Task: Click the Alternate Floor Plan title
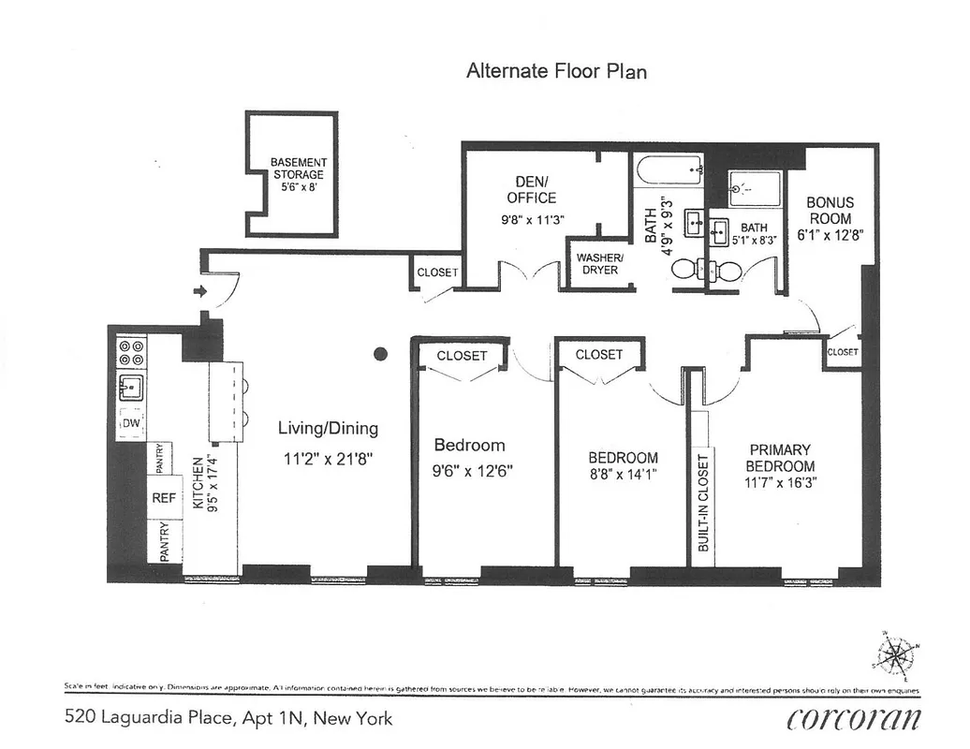coord(556,71)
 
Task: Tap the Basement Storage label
coord(298,174)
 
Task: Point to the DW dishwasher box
coord(131,424)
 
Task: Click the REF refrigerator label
coord(164,498)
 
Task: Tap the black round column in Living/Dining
coord(380,354)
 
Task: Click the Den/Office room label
coord(531,190)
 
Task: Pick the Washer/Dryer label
coord(599,263)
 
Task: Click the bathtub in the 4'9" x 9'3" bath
coord(669,170)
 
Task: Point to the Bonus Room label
coord(830,211)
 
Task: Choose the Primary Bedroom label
coord(780,458)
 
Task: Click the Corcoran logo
coord(853,719)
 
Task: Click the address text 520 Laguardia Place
coord(228,719)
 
